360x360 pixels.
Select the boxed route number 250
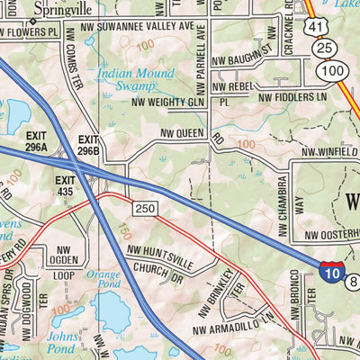point(147,208)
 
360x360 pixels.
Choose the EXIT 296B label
point(88,145)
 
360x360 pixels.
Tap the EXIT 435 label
point(65,185)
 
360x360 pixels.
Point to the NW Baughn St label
point(243,58)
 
